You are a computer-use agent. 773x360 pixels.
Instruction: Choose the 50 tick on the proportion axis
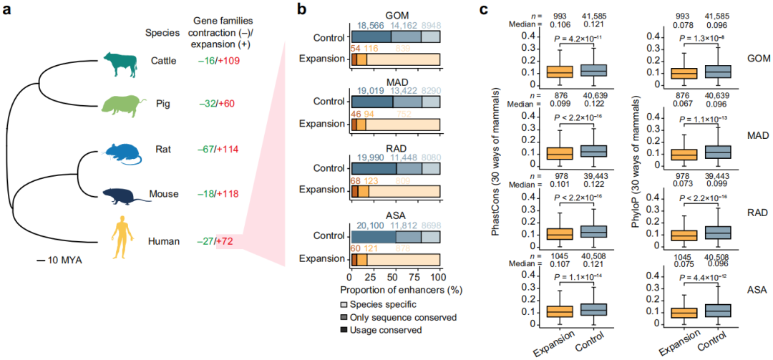click(x=394, y=278)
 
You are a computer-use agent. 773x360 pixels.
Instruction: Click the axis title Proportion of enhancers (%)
click(x=394, y=291)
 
